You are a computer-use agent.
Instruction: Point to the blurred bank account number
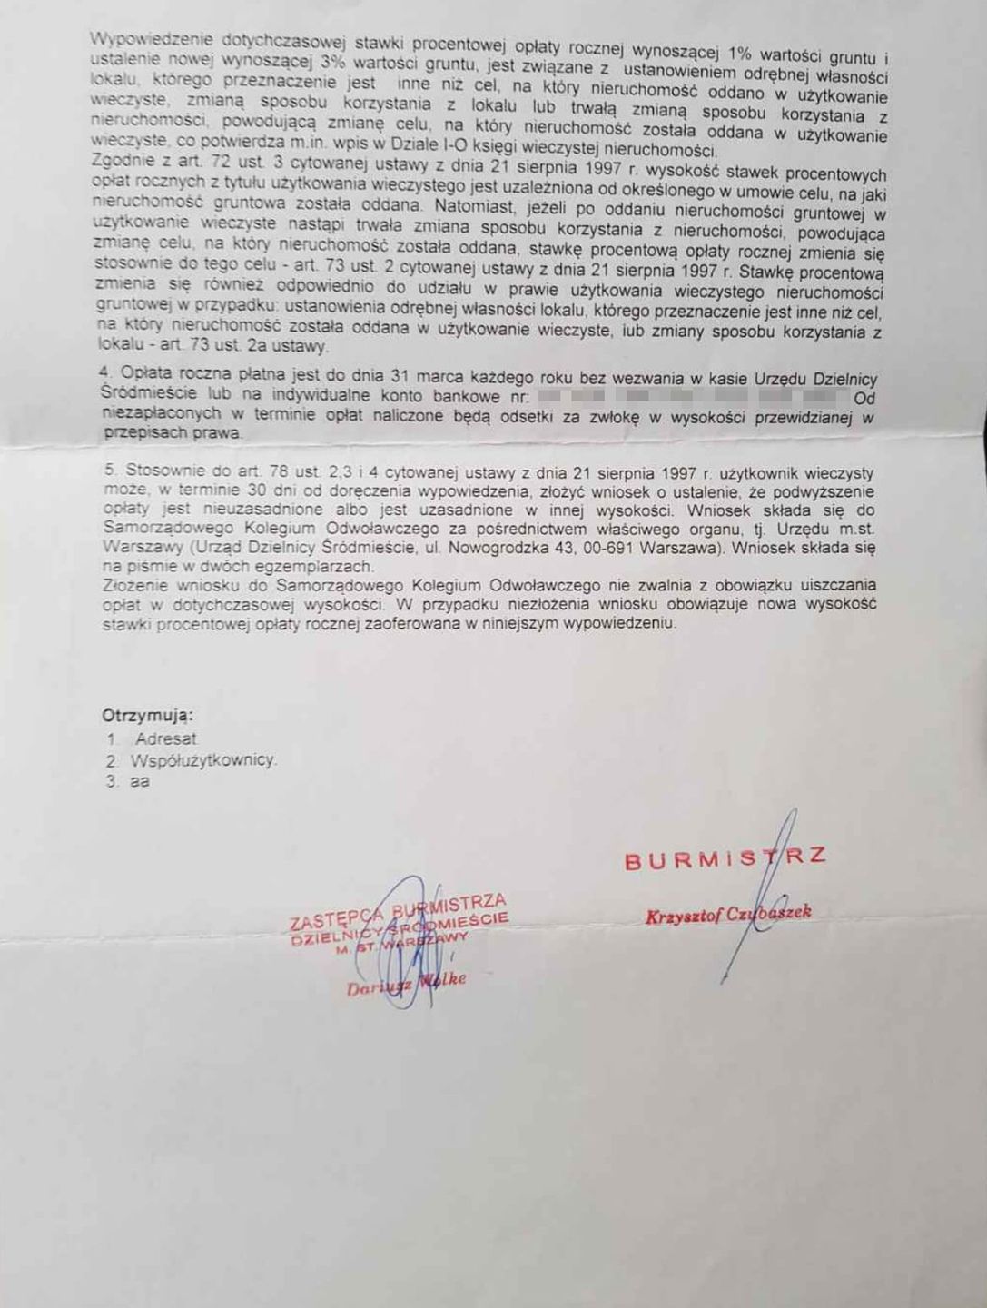tap(690, 398)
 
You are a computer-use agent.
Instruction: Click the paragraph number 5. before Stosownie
tap(112, 471)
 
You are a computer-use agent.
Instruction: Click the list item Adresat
tap(166, 739)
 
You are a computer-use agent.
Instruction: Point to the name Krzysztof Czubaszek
tap(727, 916)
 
